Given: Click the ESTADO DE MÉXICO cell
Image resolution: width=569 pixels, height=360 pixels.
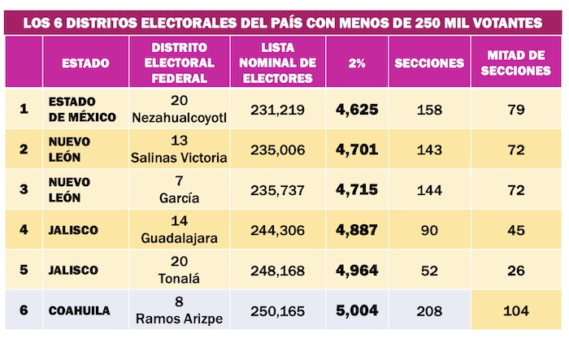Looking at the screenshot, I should pos(72,109).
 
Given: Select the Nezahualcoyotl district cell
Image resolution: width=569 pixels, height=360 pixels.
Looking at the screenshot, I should pos(179,109).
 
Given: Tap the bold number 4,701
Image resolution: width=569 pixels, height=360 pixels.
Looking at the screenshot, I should pos(356,150).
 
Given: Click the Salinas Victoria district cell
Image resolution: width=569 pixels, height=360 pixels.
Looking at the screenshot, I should pos(179,150).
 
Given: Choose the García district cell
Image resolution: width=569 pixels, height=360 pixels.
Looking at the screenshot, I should pos(179,189).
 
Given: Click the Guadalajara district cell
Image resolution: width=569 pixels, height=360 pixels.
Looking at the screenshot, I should pos(179,230).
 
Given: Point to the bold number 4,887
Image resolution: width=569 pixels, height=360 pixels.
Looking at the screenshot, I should pos(356,230).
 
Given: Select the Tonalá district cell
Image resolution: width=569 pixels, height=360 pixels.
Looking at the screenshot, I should pos(179,270).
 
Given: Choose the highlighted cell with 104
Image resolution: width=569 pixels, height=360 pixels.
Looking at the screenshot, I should pos(515,310).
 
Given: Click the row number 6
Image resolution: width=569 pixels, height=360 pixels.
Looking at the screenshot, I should pos(24,310).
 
